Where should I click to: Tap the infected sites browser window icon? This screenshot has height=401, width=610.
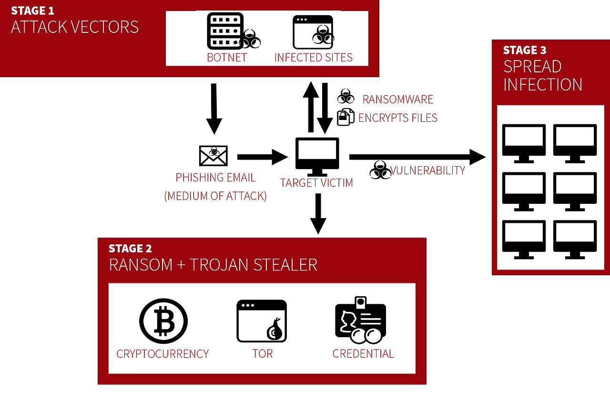[x=313, y=32]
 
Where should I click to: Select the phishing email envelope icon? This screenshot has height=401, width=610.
[x=213, y=155]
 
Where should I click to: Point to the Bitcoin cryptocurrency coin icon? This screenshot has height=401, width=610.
[x=163, y=321]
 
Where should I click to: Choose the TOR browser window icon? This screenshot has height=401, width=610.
[x=262, y=321]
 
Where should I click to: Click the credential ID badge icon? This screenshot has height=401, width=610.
[x=360, y=320]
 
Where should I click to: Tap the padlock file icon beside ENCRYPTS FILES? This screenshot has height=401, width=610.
[x=346, y=117]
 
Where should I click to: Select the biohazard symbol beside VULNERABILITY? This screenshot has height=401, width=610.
[x=380, y=170]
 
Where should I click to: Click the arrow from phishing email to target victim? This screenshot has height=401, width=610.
[x=262, y=156]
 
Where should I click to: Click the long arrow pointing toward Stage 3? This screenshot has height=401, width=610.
[x=417, y=156]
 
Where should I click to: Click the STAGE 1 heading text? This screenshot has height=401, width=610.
[x=32, y=10]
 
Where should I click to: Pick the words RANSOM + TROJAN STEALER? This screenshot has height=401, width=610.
[x=213, y=265]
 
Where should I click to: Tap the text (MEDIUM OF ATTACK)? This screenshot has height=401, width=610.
[x=215, y=196]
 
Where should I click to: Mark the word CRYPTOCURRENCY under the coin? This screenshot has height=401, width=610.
[x=163, y=354]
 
